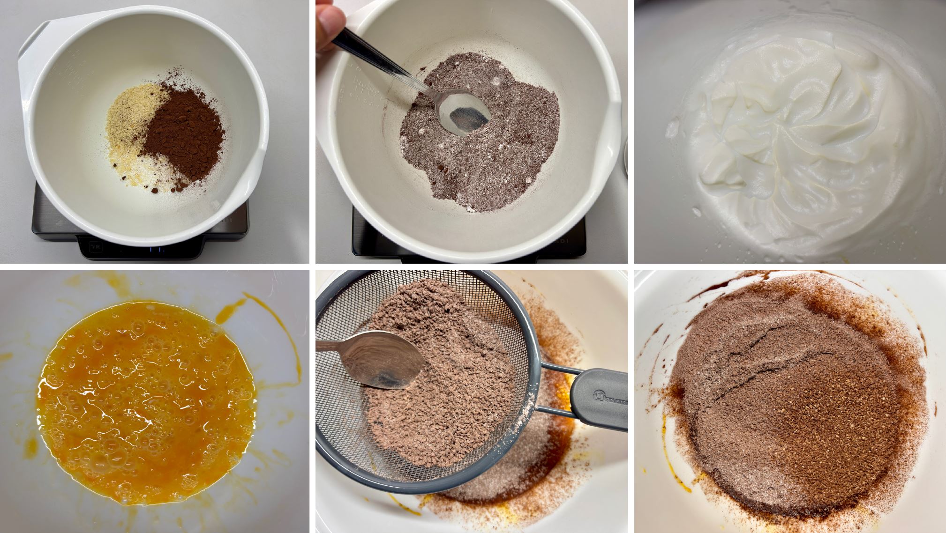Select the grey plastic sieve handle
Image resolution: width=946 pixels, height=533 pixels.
pos(600,398)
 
